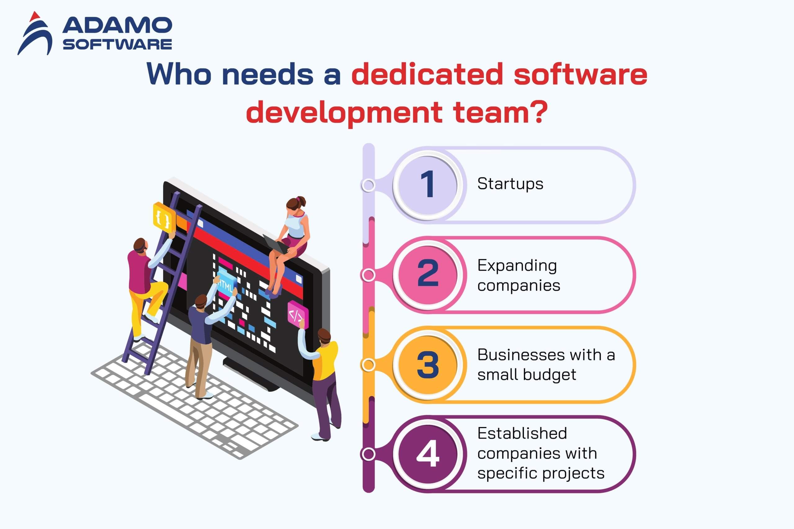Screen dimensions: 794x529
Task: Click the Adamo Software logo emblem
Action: pyautogui.click(x=35, y=34)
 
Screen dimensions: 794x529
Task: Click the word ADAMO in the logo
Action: pyautogui.click(x=117, y=26)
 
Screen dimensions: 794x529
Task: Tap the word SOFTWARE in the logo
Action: pyautogui.click(x=118, y=44)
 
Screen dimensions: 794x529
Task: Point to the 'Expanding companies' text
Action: pyautogui.click(x=519, y=275)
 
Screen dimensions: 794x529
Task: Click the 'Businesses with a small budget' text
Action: pyautogui.click(x=546, y=365)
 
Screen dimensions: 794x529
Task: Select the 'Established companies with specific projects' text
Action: pyautogui.click(x=541, y=453)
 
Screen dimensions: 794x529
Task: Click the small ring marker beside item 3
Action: pyautogui.click(x=368, y=365)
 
